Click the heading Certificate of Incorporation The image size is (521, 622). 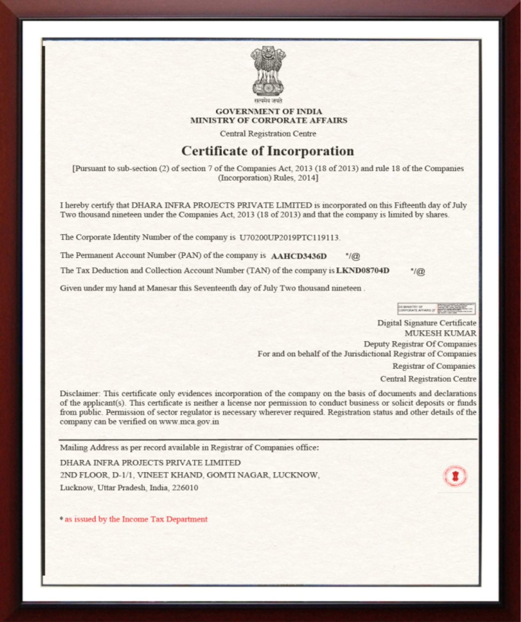[268, 151]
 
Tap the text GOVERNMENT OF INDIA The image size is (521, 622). [268, 112]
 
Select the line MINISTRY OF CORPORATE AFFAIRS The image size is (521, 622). [268, 121]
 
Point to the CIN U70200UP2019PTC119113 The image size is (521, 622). [289, 238]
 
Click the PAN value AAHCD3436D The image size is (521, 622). [299, 256]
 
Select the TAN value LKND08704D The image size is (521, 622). [363, 271]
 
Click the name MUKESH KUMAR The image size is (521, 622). [440, 333]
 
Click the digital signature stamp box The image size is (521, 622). [436, 309]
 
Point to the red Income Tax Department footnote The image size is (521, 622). [136, 519]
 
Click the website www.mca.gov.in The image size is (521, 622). [189, 422]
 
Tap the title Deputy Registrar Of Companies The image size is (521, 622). [420, 344]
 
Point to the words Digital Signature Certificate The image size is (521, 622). [426, 323]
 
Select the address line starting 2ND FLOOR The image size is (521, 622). [190, 475]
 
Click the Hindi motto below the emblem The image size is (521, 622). [268, 101]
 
